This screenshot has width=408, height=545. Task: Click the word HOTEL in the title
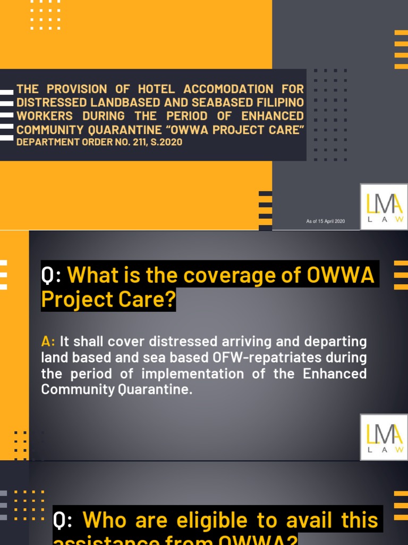tap(156, 89)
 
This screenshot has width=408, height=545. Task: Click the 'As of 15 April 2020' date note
tap(326, 221)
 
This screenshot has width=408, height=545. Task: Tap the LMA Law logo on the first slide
tap(384, 207)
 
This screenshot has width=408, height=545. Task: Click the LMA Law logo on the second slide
tap(384, 437)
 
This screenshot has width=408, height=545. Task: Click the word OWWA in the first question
tap(341, 276)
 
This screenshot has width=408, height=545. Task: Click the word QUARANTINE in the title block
tap(122, 129)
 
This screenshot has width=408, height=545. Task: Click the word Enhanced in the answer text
tap(335, 373)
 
